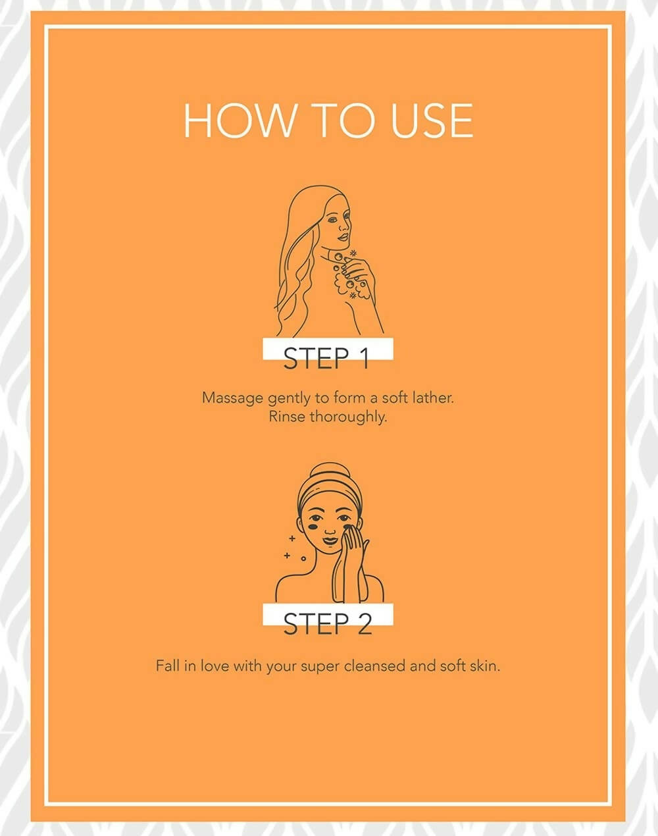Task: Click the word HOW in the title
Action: (239, 120)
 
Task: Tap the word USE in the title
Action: (432, 120)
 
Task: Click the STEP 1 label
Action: (326, 358)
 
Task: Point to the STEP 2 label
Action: (328, 624)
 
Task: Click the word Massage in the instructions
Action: (232, 398)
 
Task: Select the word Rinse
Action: (287, 417)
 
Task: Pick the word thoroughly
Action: (349, 417)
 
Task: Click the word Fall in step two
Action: (168, 666)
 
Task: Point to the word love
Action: (215, 666)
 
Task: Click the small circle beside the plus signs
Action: (304, 559)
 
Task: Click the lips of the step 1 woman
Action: (342, 237)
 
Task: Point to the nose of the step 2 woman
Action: (330, 531)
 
